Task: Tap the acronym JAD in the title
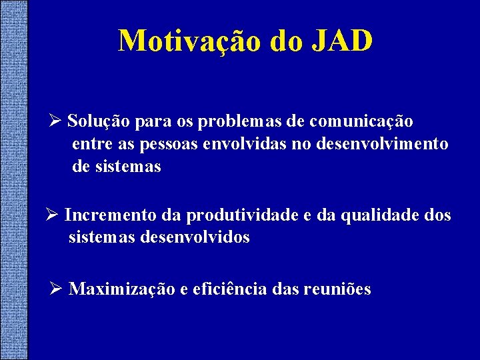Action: (341, 41)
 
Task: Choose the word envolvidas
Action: (245, 144)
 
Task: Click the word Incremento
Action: (111, 215)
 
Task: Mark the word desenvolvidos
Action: (195, 237)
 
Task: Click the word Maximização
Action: (122, 289)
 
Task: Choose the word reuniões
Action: (337, 289)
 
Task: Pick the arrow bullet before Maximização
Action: (57, 289)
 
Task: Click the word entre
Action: (89, 145)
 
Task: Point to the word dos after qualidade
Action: (436, 215)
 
